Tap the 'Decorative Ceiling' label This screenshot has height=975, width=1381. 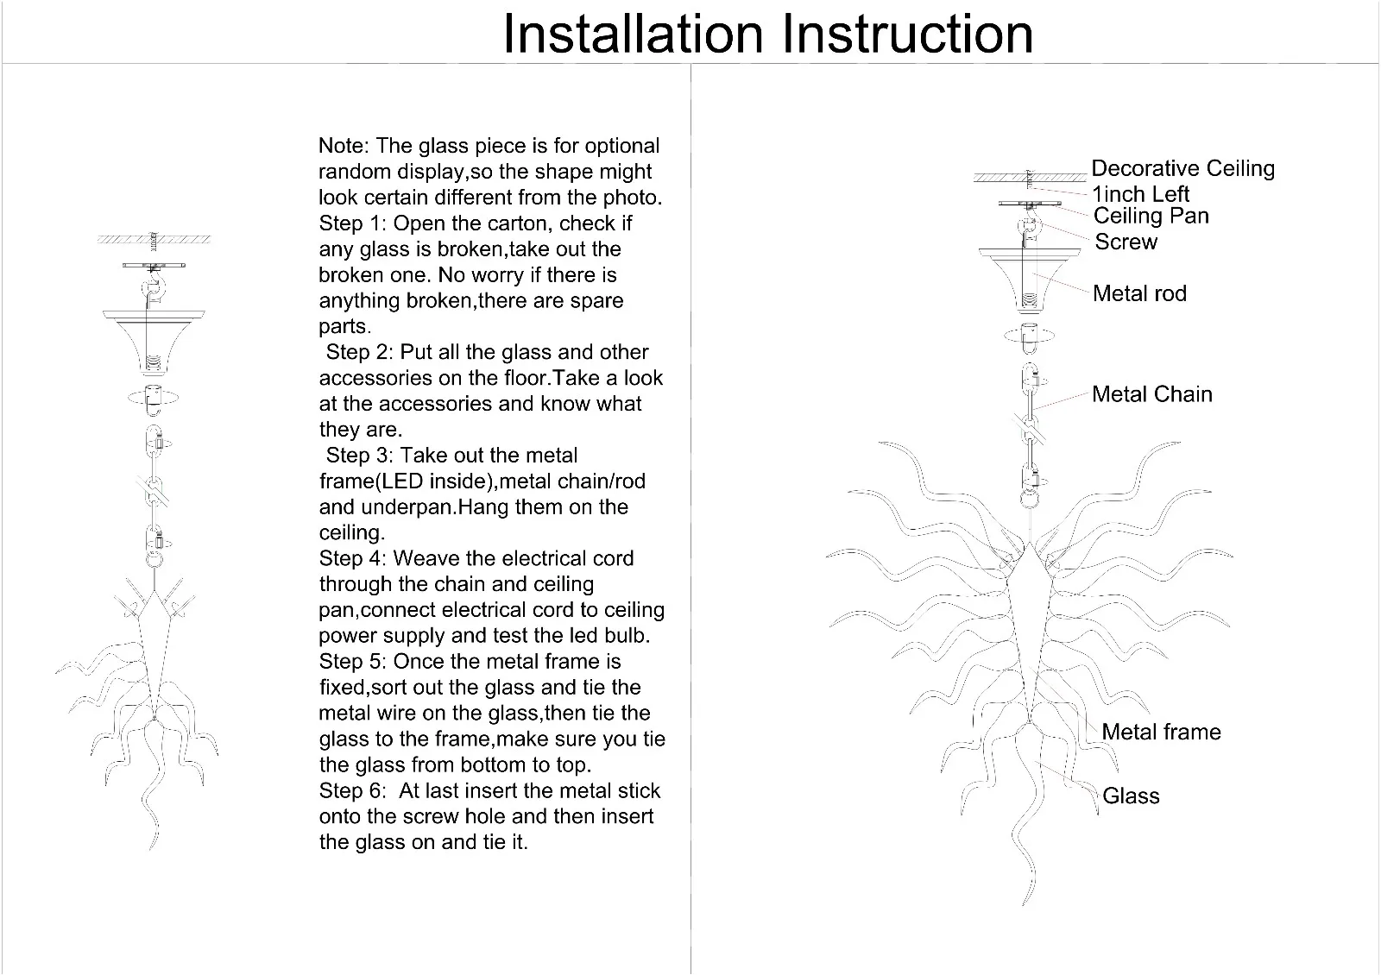tap(1182, 168)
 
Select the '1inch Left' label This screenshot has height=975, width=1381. tap(1141, 194)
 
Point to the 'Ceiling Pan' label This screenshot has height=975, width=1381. tap(1151, 216)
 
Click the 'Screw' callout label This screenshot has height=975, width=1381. tap(1126, 242)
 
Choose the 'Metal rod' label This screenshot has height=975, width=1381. tap(1139, 293)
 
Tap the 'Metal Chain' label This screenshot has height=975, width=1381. tap(1151, 394)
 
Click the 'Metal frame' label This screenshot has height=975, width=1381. tap(1161, 732)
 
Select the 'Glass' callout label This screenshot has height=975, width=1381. tap(1131, 796)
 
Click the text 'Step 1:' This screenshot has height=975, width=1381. tap(353, 223)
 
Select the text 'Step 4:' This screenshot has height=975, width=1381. tap(353, 558)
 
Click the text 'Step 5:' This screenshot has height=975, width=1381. tap(353, 662)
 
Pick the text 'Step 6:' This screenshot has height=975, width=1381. tap(353, 790)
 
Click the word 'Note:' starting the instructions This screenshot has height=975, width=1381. tap(344, 146)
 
